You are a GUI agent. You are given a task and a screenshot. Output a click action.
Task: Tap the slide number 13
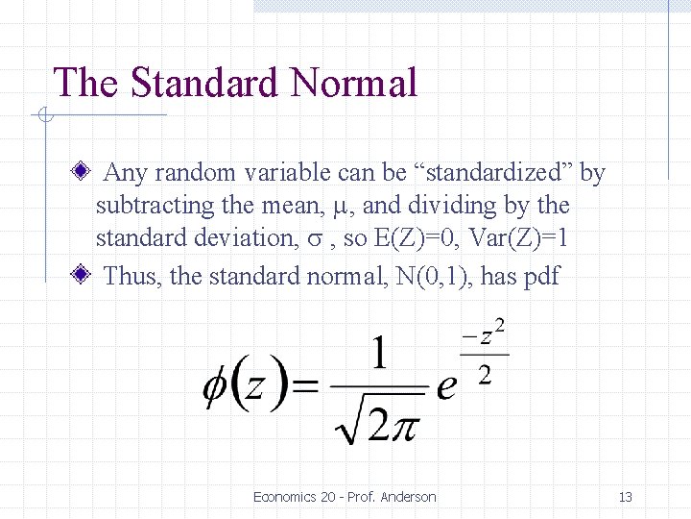[x=625, y=497]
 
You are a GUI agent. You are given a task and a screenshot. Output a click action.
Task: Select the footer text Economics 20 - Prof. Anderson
[x=345, y=497]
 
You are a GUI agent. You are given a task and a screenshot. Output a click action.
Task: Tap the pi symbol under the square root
[x=403, y=423]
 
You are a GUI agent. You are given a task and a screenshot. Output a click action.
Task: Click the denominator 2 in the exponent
[x=485, y=374]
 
